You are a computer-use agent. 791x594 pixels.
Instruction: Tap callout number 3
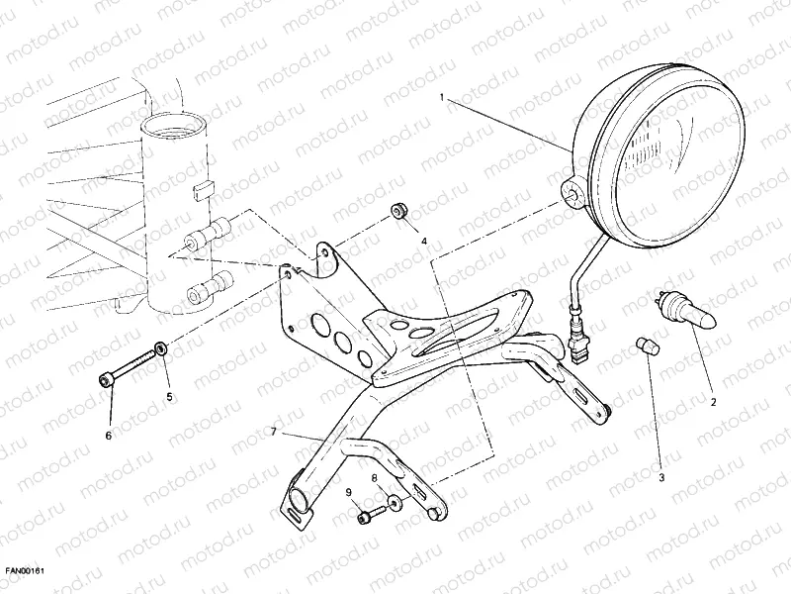coord(662,478)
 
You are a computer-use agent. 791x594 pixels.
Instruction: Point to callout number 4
coord(423,241)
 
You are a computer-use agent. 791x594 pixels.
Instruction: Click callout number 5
coord(168,397)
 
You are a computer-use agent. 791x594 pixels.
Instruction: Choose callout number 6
coord(110,434)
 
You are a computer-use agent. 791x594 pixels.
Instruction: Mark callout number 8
coord(375,479)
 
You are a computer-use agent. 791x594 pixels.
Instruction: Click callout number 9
coord(349,492)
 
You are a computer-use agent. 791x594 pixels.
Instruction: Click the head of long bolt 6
coord(106,380)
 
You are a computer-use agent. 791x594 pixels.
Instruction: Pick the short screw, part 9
coord(365,515)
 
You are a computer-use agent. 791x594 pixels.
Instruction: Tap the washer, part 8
coord(395,504)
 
